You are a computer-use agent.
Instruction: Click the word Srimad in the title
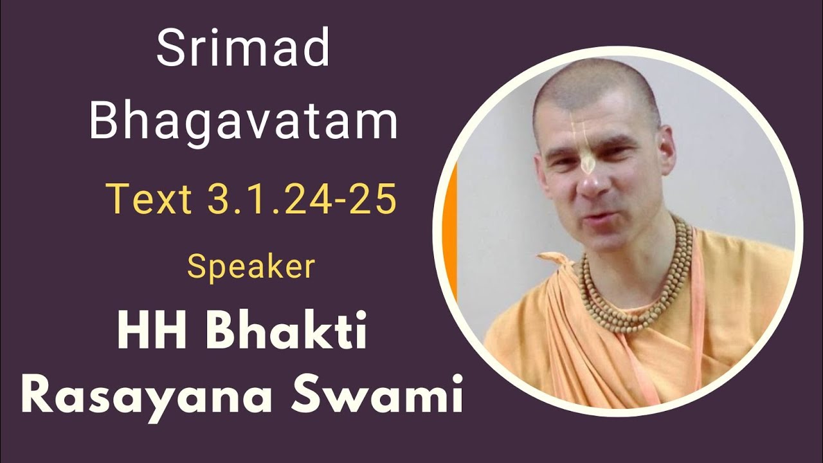pyautogui.click(x=243, y=50)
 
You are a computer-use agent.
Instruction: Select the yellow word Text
pyautogui.click(x=149, y=199)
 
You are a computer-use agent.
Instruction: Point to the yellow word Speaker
pyautogui.click(x=251, y=267)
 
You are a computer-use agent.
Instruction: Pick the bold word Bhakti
pyautogui.click(x=287, y=334)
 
